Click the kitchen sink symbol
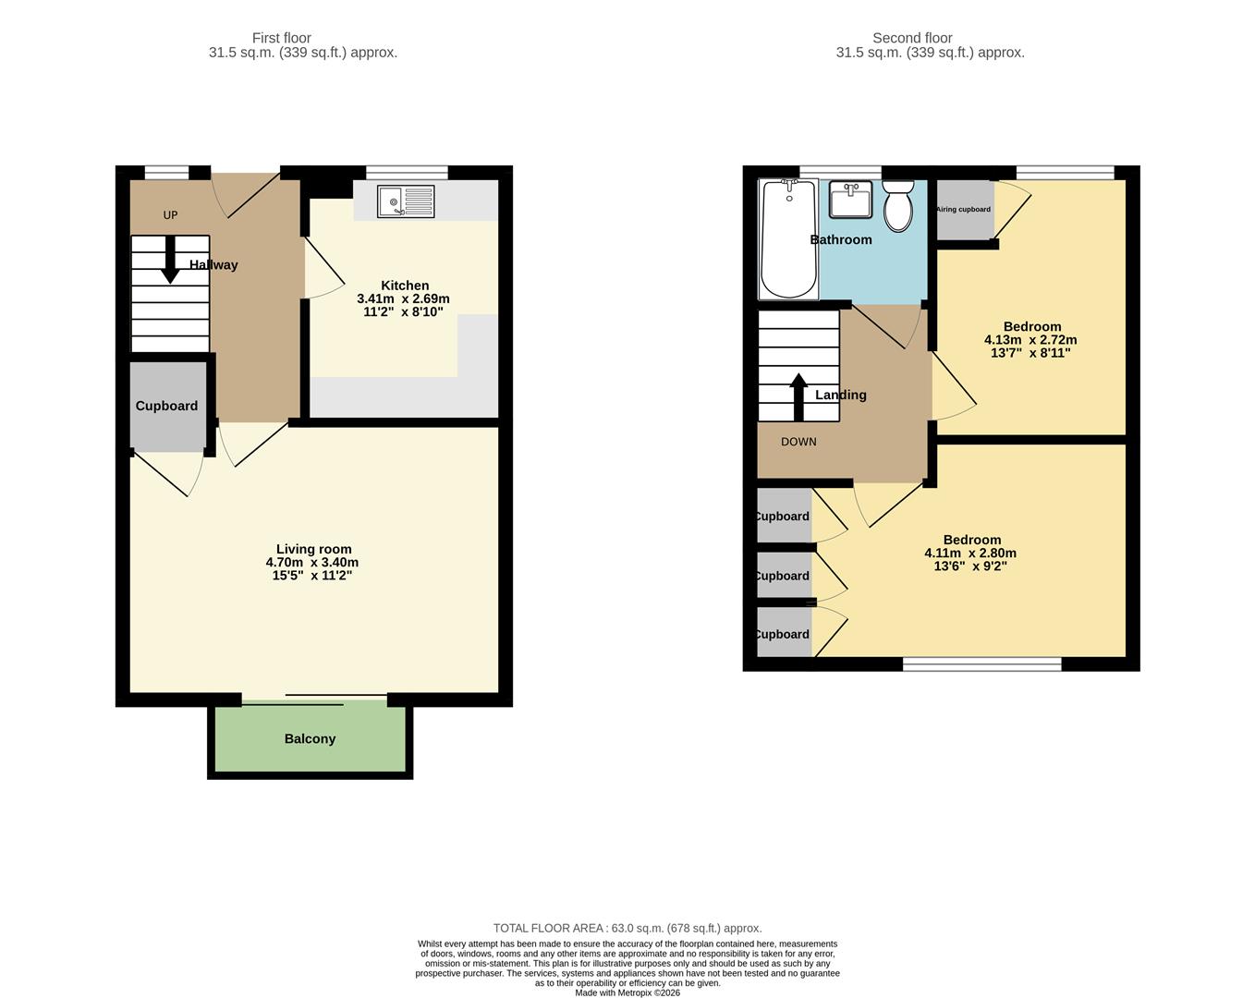406,201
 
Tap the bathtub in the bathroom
787,239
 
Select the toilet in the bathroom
897,206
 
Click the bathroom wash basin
850,200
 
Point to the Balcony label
310,738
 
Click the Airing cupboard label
963,210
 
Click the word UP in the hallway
170,215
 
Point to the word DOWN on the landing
798,442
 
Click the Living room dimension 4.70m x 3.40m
312,562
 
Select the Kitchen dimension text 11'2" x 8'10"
404,312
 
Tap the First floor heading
281,38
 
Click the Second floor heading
911,38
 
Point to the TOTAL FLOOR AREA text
627,928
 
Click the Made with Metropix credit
627,992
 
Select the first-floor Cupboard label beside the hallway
166,406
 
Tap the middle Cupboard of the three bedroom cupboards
783,576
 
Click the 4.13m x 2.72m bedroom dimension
1030,339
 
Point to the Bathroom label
841,239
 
